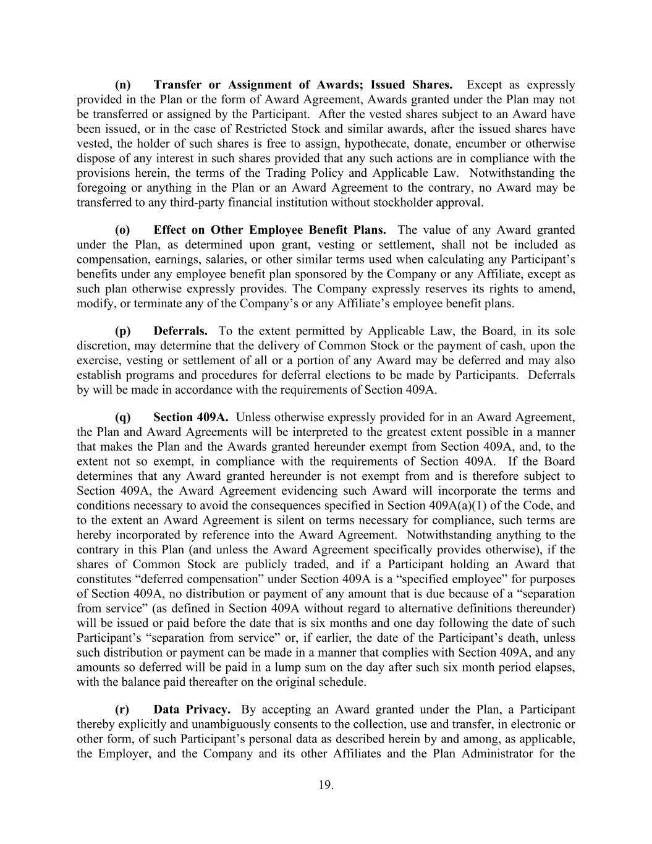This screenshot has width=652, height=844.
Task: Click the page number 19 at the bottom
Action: [326, 785]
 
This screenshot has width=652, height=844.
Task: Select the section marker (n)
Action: [123, 85]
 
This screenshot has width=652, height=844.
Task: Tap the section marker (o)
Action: [123, 230]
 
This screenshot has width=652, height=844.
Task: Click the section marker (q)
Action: [123, 417]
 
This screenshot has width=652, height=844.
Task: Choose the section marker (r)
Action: [122, 709]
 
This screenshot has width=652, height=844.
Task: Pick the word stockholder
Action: [411, 202]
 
